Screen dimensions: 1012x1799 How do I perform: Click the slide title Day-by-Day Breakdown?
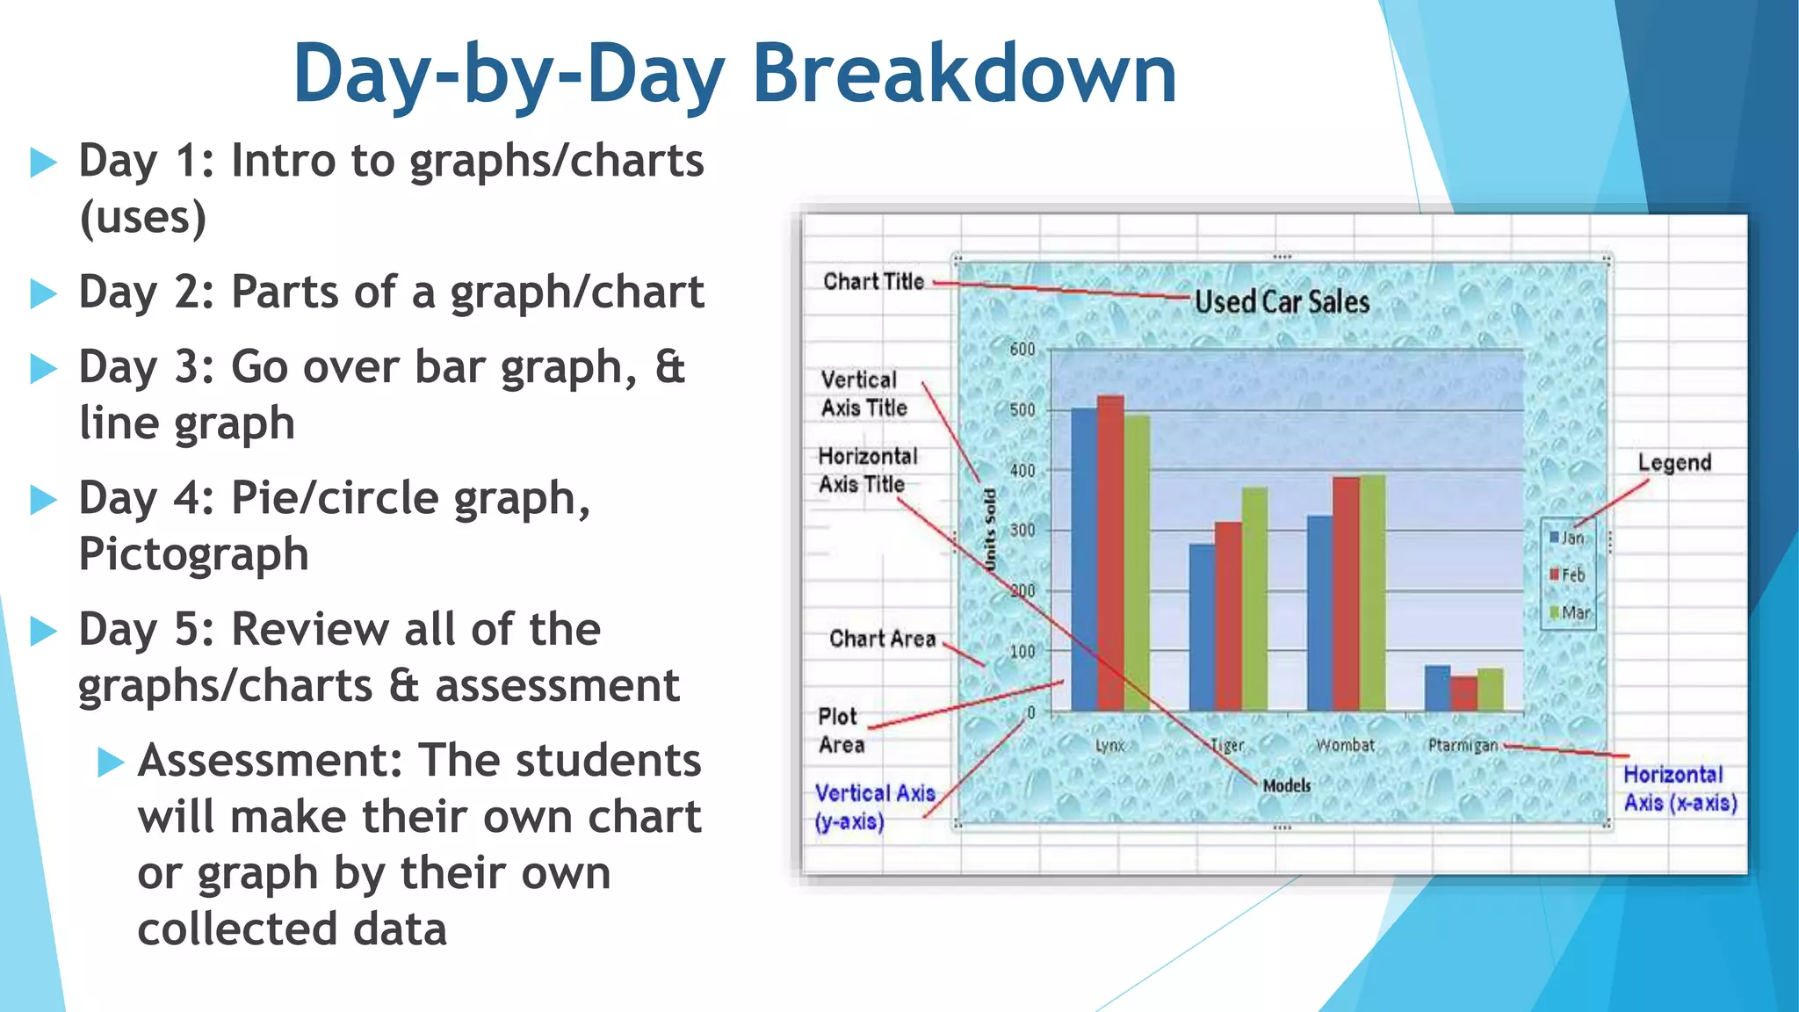pyautogui.click(x=734, y=74)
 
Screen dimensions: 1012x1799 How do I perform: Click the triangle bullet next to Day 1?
pyautogui.click(x=43, y=163)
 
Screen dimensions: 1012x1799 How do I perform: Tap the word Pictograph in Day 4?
pyautogui.click(x=193, y=554)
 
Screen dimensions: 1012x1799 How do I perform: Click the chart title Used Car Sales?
pyautogui.click(x=1282, y=302)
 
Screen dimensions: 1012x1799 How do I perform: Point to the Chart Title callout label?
pyautogui.click(x=873, y=281)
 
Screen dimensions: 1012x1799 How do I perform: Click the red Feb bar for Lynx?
pyautogui.click(x=1110, y=553)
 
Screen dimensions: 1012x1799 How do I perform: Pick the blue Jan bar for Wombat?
pyautogui.click(x=1319, y=613)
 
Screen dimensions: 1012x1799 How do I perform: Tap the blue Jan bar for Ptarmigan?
pyautogui.click(x=1437, y=688)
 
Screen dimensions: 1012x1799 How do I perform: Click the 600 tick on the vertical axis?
pyautogui.click(x=1022, y=350)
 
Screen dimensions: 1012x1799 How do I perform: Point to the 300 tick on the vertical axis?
pyautogui.click(x=1022, y=531)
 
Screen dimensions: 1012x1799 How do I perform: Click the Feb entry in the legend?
pyautogui.click(x=1567, y=575)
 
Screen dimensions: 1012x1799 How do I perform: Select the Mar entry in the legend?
pyautogui.click(x=1570, y=612)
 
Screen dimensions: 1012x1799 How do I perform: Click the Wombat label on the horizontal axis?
pyautogui.click(x=1345, y=745)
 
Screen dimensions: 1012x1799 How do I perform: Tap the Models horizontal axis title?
pyautogui.click(x=1287, y=785)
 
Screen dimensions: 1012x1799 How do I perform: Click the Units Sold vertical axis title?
pyautogui.click(x=991, y=530)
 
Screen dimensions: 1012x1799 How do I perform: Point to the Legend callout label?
pyautogui.click(x=1674, y=463)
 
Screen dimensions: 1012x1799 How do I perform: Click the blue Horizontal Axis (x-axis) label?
pyautogui.click(x=1679, y=788)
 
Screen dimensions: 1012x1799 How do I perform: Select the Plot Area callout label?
pyautogui.click(x=841, y=730)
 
